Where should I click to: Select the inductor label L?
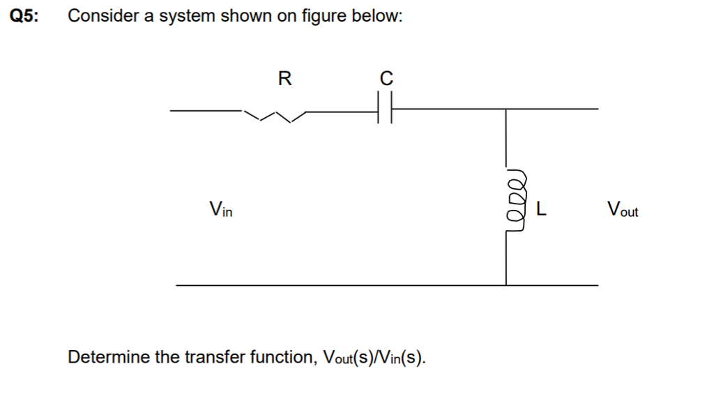[541, 208]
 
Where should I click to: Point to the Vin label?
[220, 208]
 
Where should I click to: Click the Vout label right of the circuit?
[622, 208]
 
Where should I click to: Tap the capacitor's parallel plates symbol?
[384, 109]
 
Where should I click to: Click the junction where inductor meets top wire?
[506, 109]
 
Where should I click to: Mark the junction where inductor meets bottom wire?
[506, 285]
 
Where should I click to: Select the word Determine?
[108, 358]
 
